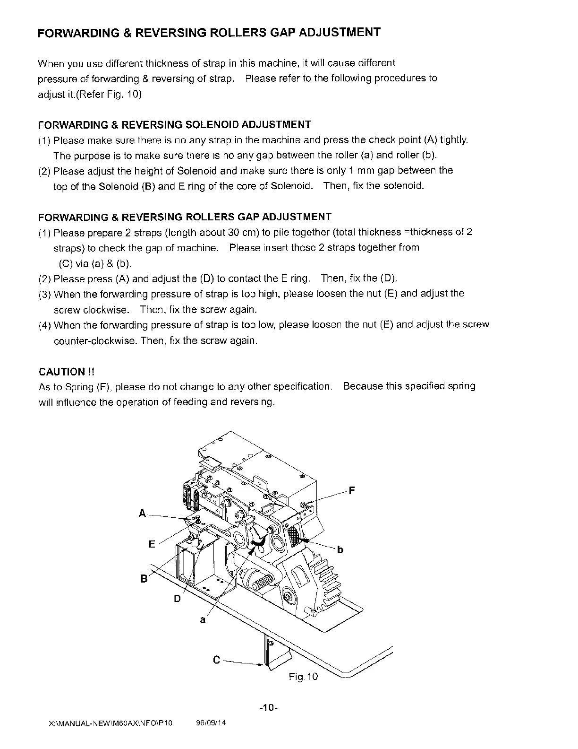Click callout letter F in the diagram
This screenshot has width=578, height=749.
pos(351,490)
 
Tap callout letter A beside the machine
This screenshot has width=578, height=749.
pos(142,513)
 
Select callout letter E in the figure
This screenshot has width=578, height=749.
pos(152,544)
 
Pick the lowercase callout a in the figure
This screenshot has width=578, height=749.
pos(203,620)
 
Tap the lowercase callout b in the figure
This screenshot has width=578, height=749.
pos(340,550)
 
